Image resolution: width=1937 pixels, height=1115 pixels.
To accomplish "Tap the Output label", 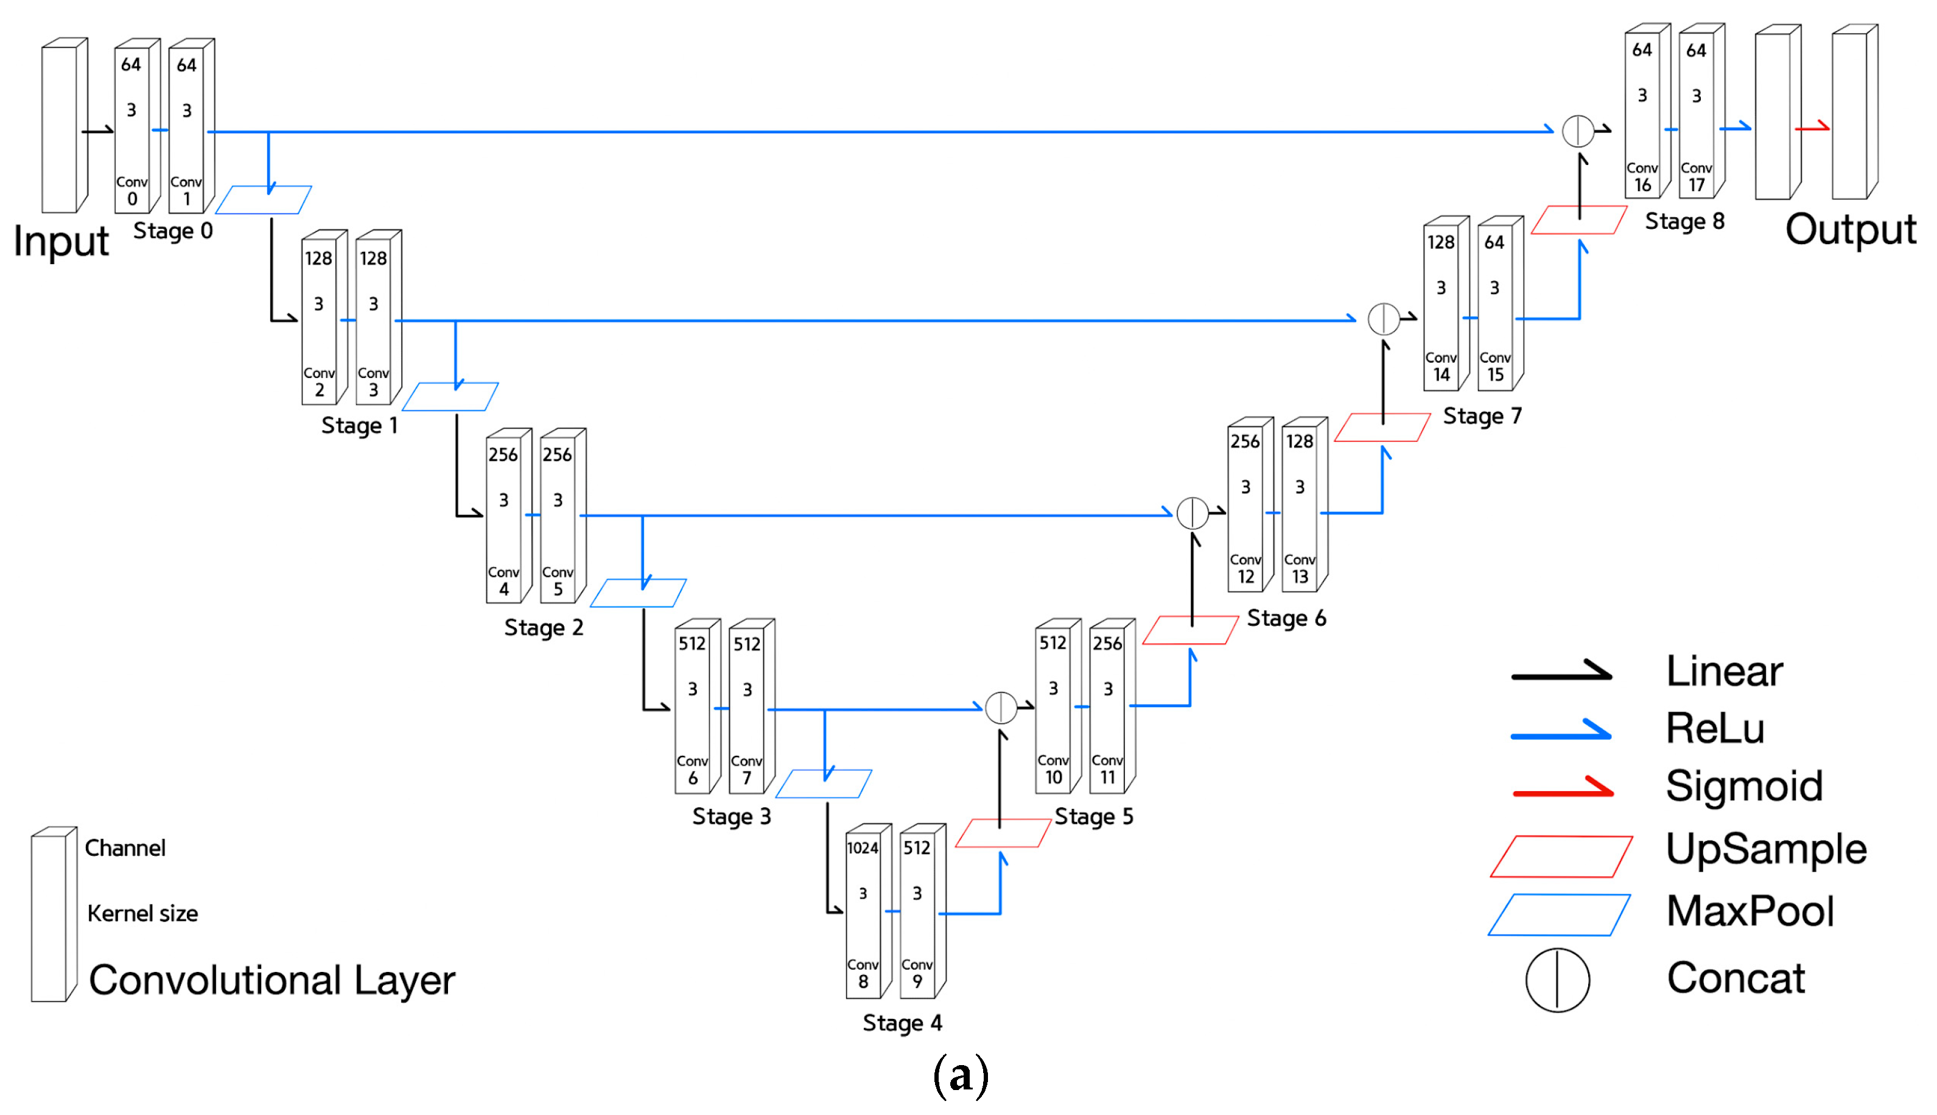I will coord(1850,229).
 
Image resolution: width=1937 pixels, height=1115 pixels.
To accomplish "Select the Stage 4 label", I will coord(902,1022).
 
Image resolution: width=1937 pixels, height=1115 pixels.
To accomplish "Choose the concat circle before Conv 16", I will coord(1577,131).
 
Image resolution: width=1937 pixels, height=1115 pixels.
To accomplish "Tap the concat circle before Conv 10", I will coord(1000,708).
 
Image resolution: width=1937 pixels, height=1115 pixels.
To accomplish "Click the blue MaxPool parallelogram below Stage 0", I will coord(263,200).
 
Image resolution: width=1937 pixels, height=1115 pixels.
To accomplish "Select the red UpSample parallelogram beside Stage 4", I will coord(1002,833).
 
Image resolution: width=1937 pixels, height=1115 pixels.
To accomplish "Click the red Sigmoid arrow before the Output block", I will coord(1812,127).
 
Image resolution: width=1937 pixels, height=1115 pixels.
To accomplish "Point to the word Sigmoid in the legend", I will coord(1743,786).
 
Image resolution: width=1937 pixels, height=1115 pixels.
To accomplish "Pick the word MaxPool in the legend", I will coord(1750,911).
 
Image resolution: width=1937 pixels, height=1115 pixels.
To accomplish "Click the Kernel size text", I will coord(142,914).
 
